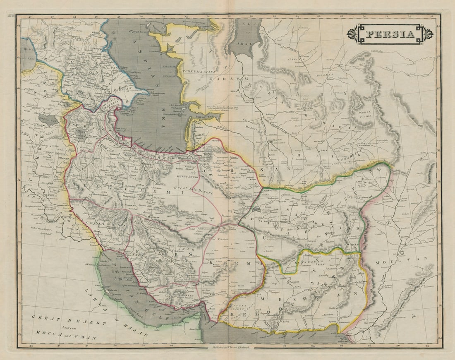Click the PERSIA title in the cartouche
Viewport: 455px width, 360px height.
390,34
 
